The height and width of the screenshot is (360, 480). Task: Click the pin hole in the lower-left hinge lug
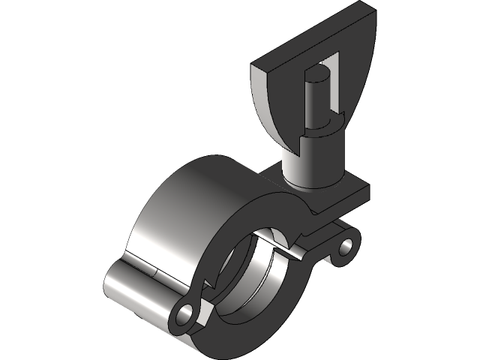point(184,310)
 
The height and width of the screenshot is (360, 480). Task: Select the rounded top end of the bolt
point(318,73)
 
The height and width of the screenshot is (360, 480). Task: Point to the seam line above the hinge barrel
point(142,265)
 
